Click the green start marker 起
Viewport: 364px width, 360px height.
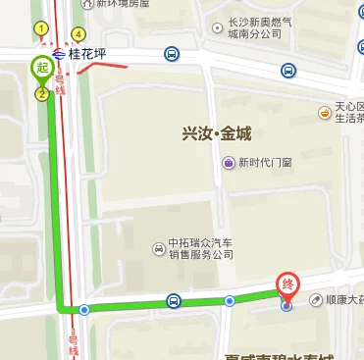coord(41,68)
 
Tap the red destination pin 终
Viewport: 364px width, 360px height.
coord(287,284)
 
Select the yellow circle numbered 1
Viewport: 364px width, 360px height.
coord(41,29)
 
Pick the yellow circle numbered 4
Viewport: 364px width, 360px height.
coord(77,36)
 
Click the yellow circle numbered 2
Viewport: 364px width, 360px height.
coord(41,94)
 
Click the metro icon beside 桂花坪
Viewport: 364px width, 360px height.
coord(61,54)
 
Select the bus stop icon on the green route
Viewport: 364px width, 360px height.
coord(174,301)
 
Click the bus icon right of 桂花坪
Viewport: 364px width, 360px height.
coord(172,54)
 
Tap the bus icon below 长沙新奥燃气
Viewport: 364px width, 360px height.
coord(287,71)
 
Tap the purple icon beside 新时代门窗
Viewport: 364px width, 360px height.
coord(228,163)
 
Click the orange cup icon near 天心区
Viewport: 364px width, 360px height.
coord(323,112)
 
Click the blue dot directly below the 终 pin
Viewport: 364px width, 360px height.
coord(286,306)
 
